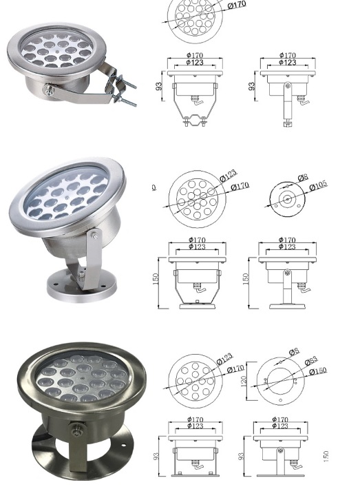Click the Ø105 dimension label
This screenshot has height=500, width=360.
click(x=318, y=187)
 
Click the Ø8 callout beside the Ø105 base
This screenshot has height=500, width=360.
click(x=302, y=178)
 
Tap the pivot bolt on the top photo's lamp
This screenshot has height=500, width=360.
click(x=50, y=88)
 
